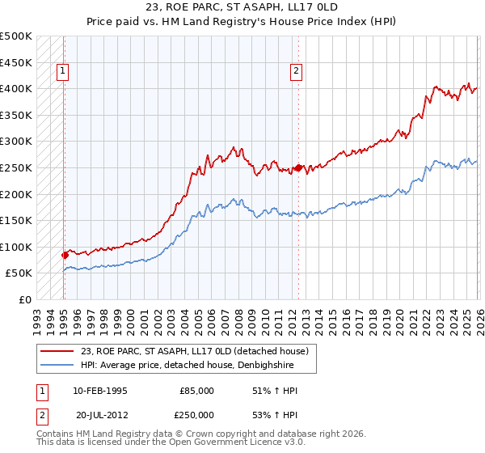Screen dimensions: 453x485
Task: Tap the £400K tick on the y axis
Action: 16,88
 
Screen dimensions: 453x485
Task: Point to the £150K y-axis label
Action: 16,220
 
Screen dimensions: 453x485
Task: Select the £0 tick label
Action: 25,299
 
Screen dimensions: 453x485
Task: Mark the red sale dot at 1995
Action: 65,255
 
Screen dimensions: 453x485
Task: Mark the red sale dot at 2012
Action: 298,167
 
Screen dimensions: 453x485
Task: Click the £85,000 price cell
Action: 196,391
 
